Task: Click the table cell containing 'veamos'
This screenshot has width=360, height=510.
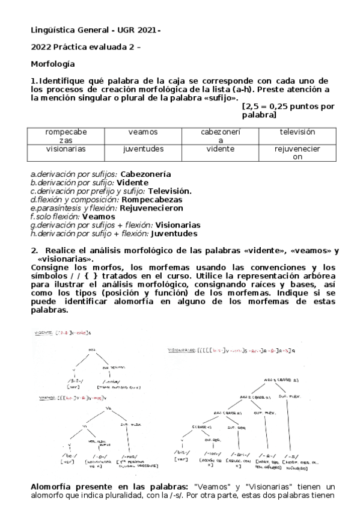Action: pos(143,132)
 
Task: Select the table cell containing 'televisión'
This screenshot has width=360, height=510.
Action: pos(297,132)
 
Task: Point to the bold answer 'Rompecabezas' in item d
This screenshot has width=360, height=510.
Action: pos(151,199)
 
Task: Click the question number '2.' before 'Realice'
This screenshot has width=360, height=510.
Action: pos(34,250)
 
